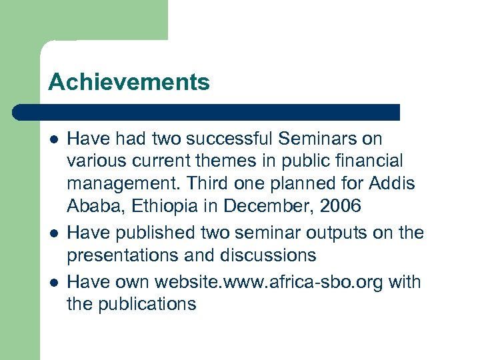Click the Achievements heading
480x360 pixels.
[129, 83]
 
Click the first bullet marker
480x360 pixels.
[53, 139]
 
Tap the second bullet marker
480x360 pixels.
[53, 233]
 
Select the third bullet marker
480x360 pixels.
[53, 282]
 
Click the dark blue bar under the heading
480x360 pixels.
[207, 112]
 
